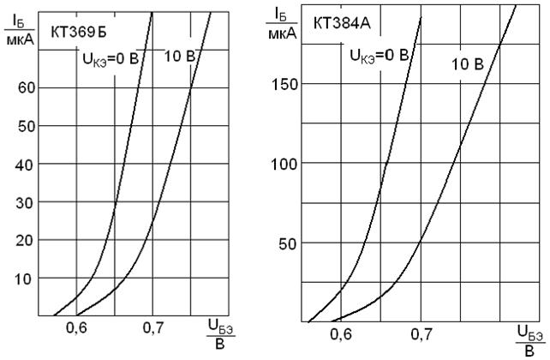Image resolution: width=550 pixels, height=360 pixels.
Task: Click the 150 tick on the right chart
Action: coord(285,84)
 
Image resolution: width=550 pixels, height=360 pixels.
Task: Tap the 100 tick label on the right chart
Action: coord(285,164)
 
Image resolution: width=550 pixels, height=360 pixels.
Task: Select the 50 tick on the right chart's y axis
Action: coord(289,243)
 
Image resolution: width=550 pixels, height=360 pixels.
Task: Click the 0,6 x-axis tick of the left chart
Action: coord(77,328)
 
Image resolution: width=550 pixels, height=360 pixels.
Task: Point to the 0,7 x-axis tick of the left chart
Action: coord(152,328)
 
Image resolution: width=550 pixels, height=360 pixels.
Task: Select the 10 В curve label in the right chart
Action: coord(468,63)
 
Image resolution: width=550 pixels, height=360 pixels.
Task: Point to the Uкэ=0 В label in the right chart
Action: coord(379,56)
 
